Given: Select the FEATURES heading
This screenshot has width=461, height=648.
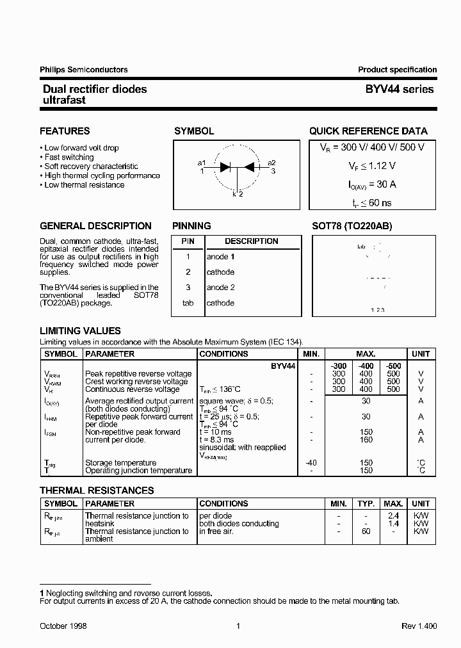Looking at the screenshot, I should pyautogui.click(x=65, y=131).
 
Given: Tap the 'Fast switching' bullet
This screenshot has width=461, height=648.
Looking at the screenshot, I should pyautogui.click(x=69, y=157).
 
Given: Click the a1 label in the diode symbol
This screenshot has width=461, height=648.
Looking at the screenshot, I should pyautogui.click(x=202, y=163).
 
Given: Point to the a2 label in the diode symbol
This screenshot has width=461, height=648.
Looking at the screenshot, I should pyautogui.click(x=271, y=163).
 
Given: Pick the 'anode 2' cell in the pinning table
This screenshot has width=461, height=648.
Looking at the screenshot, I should pyautogui.click(x=220, y=288).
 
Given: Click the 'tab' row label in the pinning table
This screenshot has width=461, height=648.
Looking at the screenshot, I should pyautogui.click(x=188, y=303).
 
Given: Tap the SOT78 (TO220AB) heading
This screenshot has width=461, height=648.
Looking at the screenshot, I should pyautogui.click(x=352, y=226).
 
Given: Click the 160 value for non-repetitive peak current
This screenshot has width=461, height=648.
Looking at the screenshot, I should pyautogui.click(x=366, y=440).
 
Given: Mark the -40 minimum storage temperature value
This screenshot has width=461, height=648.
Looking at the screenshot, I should pyautogui.click(x=311, y=463).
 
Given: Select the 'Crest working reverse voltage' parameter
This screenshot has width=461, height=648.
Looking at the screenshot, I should pyautogui.click(x=136, y=382).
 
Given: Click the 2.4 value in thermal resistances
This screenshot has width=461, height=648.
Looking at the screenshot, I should pyautogui.click(x=393, y=516).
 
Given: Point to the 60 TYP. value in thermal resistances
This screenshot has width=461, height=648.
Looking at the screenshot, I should pyautogui.click(x=366, y=531).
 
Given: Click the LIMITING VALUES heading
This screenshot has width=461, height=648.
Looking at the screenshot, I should pyautogui.click(x=80, y=331).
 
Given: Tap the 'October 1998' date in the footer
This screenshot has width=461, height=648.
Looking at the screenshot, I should pyautogui.click(x=63, y=626).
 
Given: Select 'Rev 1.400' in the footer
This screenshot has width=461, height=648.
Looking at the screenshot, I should pyautogui.click(x=419, y=626).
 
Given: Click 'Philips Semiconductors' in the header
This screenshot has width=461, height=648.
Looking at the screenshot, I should pyautogui.click(x=83, y=70).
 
